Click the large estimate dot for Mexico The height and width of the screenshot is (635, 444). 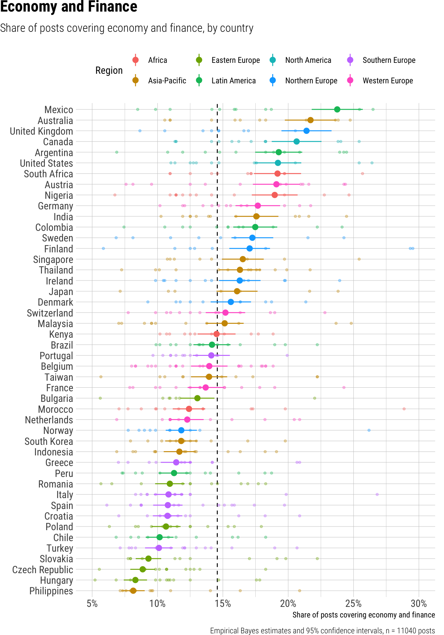click(337, 109)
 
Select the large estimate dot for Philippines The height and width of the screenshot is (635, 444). click(133, 591)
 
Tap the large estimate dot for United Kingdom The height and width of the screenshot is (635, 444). click(307, 131)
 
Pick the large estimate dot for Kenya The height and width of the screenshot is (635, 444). click(216, 334)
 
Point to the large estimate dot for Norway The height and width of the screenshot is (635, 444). click(181, 430)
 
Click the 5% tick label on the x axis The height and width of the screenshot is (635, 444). click(92, 604)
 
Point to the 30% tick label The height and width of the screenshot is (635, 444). click(419, 604)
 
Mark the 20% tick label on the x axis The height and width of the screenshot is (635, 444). click(288, 604)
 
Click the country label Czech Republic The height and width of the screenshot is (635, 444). click(43, 570)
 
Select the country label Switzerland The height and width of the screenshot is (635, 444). click(50, 313)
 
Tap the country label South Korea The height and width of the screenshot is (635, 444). click(49, 442)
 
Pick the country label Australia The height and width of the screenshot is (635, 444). click(55, 121)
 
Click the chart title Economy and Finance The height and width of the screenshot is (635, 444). click(69, 7)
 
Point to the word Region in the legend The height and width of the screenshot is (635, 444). click(109, 70)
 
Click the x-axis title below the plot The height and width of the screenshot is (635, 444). click(363, 615)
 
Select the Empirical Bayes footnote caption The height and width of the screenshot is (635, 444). click(322, 631)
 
